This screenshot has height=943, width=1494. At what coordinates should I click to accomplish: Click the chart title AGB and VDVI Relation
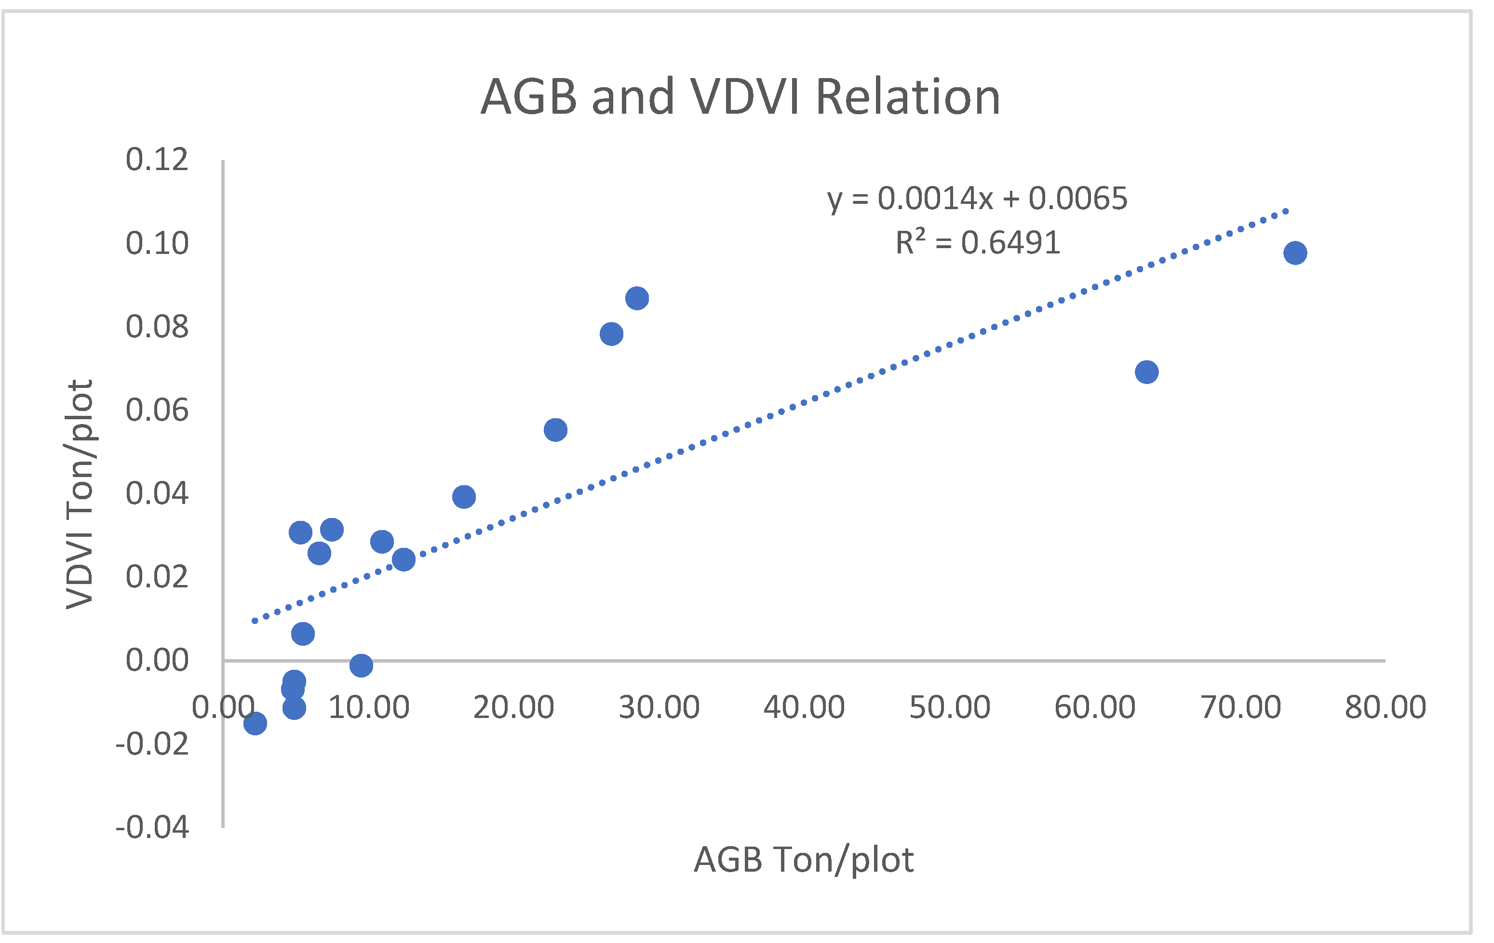[x=740, y=97]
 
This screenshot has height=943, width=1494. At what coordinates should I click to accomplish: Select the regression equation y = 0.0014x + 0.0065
[x=977, y=199]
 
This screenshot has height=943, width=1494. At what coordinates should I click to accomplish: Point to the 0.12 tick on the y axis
[x=157, y=160]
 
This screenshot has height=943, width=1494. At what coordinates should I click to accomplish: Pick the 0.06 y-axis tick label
[x=157, y=411]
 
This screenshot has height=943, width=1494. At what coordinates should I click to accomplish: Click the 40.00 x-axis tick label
[x=804, y=707]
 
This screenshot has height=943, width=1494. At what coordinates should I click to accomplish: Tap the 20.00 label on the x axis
[x=513, y=707]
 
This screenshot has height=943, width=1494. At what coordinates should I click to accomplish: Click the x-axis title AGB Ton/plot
[x=804, y=860]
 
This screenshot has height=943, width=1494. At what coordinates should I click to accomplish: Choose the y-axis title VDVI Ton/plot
[x=80, y=494]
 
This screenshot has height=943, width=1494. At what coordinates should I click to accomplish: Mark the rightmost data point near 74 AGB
[x=1295, y=253]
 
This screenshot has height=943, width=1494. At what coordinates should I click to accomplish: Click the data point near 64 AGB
[x=1146, y=372]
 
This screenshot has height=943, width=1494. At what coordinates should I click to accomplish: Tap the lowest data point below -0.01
[x=255, y=723]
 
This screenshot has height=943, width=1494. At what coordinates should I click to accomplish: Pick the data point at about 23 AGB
[x=555, y=430]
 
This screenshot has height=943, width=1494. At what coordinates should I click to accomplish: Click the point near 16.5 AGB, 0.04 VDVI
[x=463, y=497]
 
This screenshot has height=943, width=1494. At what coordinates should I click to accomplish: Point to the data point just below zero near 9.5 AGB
[x=361, y=665]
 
